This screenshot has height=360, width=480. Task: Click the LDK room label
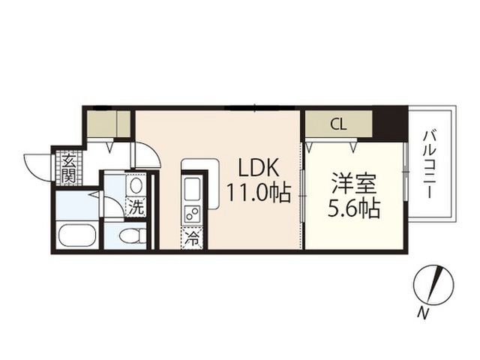coord(259,168)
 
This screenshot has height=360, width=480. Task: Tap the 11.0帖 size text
coord(258,193)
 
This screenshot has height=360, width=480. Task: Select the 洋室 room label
coord(354,184)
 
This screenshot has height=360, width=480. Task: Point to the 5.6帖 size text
coord(354,209)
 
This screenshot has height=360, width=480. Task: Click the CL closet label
coord(338,124)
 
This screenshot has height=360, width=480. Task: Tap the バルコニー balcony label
coord(430,165)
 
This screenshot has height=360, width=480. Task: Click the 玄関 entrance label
coord(69,169)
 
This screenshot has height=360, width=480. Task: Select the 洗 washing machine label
coord(136,208)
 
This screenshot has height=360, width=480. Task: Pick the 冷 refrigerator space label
coord(192,238)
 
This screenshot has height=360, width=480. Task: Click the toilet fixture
coord(133,236)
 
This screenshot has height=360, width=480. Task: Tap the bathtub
coord(76,235)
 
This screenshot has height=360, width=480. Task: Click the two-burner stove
coord(192,214)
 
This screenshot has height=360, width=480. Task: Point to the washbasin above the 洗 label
coord(136,185)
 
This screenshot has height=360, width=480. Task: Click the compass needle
coord(436,282)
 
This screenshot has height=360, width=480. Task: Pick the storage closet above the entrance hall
coord(109,124)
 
